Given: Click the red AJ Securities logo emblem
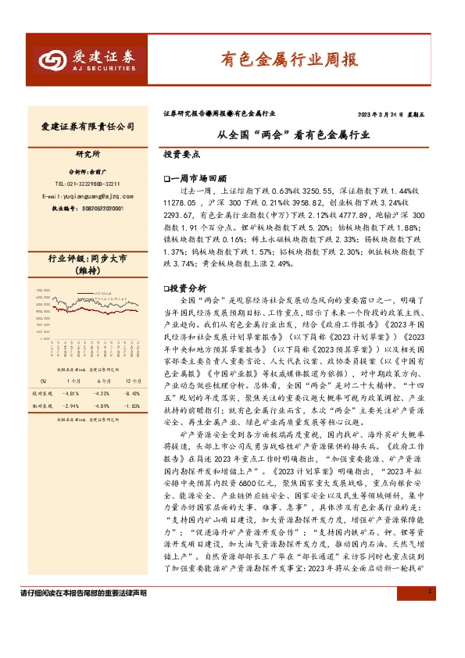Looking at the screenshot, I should point(54,60).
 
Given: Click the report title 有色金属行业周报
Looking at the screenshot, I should point(287,59).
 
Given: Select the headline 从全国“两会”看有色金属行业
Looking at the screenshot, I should point(292,134).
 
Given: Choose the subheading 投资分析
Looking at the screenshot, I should point(186,288).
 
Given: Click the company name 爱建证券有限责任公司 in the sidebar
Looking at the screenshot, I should point(88,126).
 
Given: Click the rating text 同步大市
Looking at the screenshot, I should point(114,258).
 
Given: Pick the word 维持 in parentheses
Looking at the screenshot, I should point(88,270).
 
